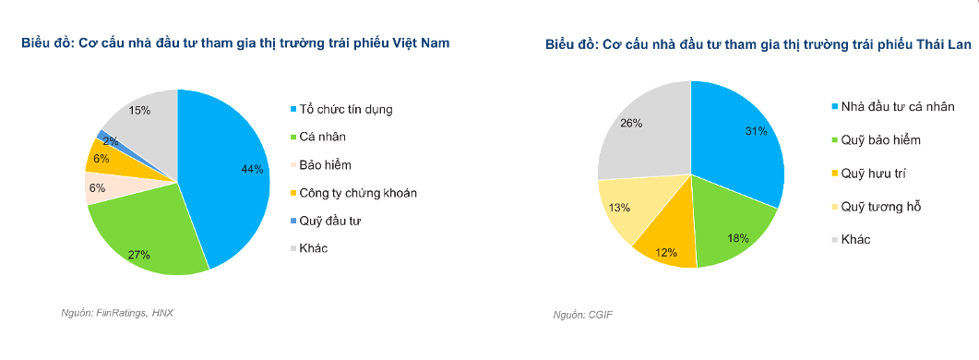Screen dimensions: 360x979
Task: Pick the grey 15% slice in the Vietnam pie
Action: pos(143,115)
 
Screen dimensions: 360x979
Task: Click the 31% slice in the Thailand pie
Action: pos(738,138)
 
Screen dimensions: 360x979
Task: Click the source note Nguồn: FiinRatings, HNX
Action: pos(117,313)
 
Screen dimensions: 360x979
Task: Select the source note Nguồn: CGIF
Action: pos(582,316)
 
